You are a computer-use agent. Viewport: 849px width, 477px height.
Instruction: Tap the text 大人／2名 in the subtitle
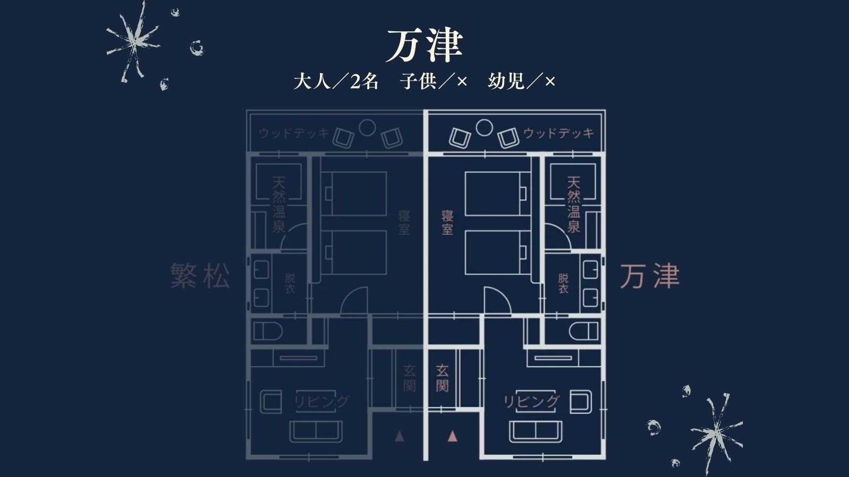[336, 82]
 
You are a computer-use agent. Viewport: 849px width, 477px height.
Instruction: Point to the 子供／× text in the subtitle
[434, 82]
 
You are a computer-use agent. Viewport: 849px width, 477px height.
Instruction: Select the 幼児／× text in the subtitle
[522, 82]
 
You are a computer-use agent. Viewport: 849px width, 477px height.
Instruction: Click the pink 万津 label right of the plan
[650, 277]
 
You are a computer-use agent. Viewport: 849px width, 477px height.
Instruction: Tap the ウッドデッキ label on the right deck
[559, 133]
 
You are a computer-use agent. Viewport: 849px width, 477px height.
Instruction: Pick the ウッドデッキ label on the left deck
[294, 133]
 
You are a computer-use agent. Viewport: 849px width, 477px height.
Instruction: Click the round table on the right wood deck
[484, 127]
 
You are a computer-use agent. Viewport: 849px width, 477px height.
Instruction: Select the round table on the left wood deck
[367, 127]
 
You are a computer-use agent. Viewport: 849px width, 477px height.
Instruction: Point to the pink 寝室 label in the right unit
[447, 223]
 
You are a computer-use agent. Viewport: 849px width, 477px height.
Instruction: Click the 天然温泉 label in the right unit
[574, 205]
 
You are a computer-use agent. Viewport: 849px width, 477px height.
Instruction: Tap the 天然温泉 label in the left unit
[279, 205]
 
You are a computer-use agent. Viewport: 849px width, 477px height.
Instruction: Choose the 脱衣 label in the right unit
[563, 283]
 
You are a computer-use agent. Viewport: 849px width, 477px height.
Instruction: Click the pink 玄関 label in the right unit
[442, 377]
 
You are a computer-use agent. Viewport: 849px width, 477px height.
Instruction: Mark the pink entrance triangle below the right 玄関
[452, 436]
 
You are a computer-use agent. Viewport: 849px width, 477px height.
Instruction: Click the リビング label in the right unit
[531, 402]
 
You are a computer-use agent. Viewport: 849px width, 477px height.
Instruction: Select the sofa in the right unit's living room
[536, 430]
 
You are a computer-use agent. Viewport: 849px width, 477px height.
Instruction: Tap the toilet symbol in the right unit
[583, 332]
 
